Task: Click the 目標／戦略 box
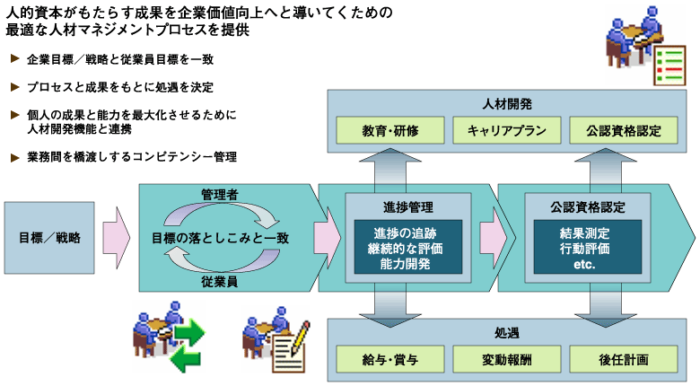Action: (49, 238)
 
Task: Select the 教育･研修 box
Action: (390, 130)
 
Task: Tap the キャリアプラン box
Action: (507, 130)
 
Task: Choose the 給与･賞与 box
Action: (390, 359)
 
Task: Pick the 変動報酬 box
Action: (507, 359)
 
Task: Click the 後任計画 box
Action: (624, 359)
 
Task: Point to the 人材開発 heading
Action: (507, 104)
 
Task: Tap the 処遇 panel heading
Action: (507, 333)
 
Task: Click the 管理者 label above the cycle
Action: (220, 194)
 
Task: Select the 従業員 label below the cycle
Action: (220, 282)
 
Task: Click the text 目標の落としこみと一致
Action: (221, 238)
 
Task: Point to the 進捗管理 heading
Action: (408, 207)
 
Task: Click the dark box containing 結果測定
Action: (588, 247)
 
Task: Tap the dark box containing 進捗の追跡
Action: (408, 247)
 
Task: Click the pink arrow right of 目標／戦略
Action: (117, 238)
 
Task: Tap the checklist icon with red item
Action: (669, 66)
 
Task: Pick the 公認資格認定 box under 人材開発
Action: (624, 130)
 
